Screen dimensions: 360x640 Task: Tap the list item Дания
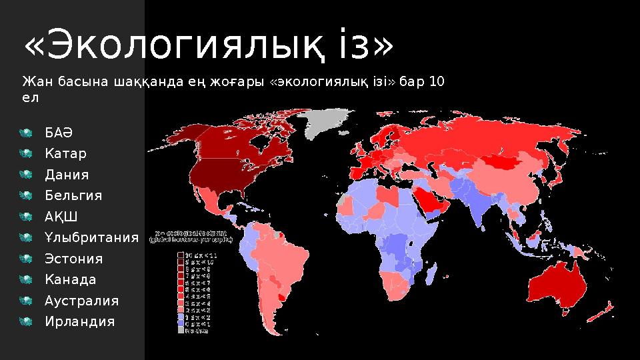pos(67,175)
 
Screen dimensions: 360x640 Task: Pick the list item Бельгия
pos(73,195)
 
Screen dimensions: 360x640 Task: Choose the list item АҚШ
pos(61,217)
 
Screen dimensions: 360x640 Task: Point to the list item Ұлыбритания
pos(91,237)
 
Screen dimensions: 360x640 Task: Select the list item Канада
pos(70,279)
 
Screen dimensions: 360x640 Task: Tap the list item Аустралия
pos(81,301)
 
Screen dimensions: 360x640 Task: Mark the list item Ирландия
pos(79,321)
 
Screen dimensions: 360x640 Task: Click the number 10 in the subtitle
pos(437,82)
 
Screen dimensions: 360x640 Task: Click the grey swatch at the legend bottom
pos(181,329)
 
